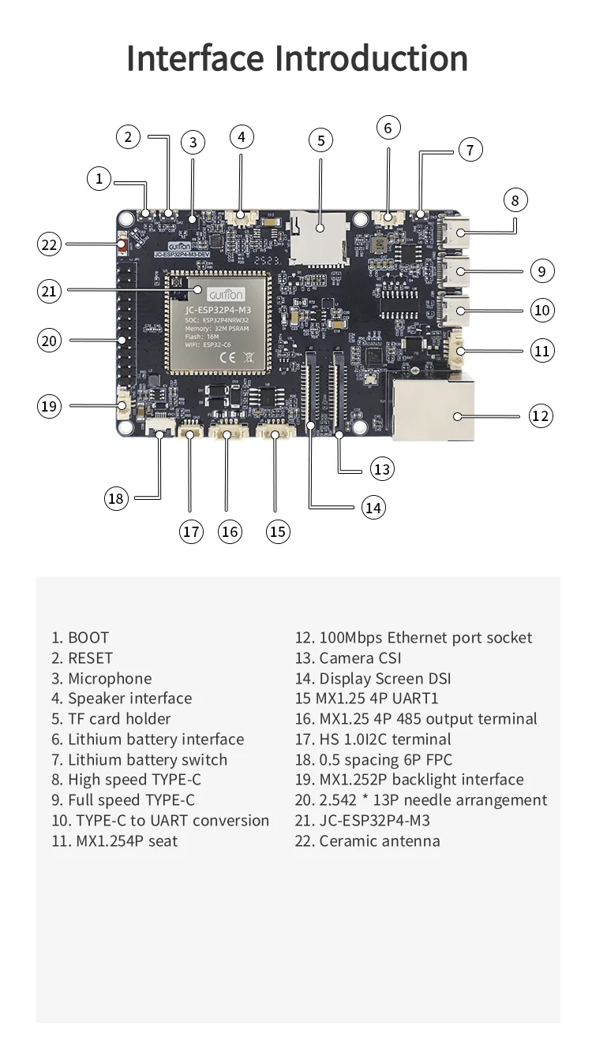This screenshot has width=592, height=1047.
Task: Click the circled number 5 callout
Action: pyautogui.click(x=320, y=141)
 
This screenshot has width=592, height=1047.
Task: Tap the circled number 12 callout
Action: pyautogui.click(x=541, y=415)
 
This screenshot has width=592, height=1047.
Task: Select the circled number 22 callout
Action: pyautogui.click(x=49, y=244)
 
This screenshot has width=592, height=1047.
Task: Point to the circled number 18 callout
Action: pyautogui.click(x=117, y=497)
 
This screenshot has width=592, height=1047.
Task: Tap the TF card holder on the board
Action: pyautogui.click(x=319, y=236)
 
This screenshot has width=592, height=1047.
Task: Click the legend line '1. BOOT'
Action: pyautogui.click(x=81, y=638)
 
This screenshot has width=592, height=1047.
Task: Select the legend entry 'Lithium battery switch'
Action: pyautogui.click(x=140, y=760)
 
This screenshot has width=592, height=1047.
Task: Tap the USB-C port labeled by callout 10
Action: pyautogui.click(x=457, y=311)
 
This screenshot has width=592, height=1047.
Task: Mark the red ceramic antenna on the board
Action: pyautogui.click(x=123, y=245)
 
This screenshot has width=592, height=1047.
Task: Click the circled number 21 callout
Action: pyautogui.click(x=49, y=291)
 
